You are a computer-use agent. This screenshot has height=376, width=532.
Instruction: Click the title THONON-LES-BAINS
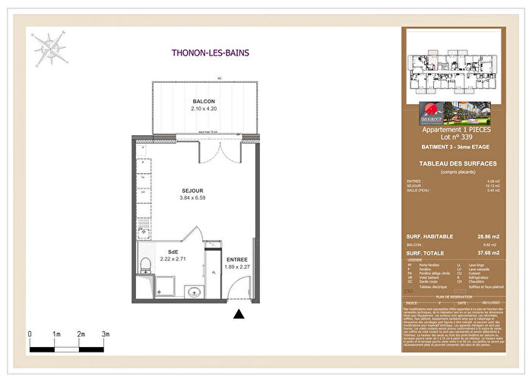pos(211,53)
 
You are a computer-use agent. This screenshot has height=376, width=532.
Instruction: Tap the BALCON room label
pos(203,102)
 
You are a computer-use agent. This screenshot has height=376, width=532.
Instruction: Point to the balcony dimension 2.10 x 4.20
pos(203,109)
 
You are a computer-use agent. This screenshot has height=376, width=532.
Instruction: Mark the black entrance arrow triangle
pos(239,313)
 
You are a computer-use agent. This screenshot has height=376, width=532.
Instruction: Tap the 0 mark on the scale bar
pos(30,333)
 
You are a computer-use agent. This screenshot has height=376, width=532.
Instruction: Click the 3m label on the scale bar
pos(106,333)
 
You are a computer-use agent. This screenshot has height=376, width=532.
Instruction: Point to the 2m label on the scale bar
pos(81,333)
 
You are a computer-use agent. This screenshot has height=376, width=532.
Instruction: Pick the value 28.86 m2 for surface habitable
pos(486,238)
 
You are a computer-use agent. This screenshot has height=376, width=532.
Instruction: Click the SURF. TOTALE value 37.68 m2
pos(486,254)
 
